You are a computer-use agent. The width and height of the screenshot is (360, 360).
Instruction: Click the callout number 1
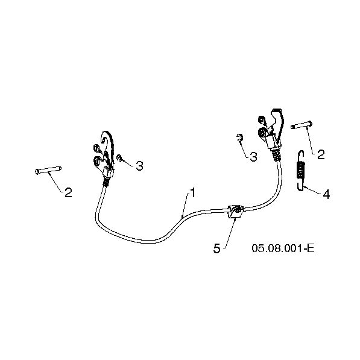pyautogui.click(x=193, y=192)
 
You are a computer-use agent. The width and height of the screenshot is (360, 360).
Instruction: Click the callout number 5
pyautogui.click(x=216, y=248)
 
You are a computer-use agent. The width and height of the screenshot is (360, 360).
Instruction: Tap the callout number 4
pyautogui.click(x=326, y=194)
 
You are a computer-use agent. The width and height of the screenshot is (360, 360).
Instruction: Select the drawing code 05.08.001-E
pyautogui.click(x=283, y=248)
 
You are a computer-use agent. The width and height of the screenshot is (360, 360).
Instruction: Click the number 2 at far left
pyautogui.click(x=68, y=192)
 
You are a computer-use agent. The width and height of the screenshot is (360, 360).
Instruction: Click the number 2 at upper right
pyautogui.click(x=321, y=154)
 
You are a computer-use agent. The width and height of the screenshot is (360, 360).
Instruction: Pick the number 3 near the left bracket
pyautogui.click(x=139, y=166)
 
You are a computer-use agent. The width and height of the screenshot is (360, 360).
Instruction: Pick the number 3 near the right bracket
pyautogui.click(x=253, y=157)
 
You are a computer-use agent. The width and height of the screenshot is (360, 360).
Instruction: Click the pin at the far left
pyautogui.click(x=48, y=170)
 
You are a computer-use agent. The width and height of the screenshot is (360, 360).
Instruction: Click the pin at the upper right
pyautogui.click(x=302, y=125)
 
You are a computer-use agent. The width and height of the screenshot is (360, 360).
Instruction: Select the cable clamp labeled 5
pyautogui.click(x=235, y=211)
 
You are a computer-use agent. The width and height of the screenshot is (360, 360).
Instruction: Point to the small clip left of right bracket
pyautogui.click(x=239, y=137)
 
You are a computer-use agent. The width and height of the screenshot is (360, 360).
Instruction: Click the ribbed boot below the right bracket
pyautogui.click(x=276, y=154)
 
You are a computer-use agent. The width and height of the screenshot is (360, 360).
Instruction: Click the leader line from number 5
pyautogui.click(x=230, y=233)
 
